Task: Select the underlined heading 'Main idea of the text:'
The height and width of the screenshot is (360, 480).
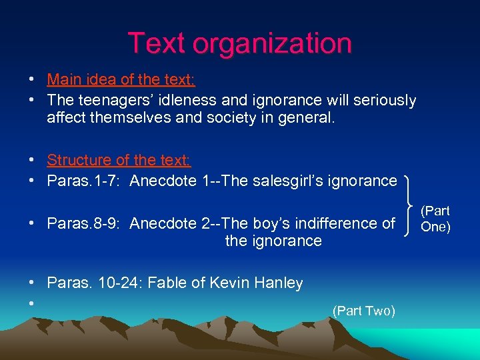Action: click(121, 81)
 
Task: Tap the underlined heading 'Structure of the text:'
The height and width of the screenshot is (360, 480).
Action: click(119, 160)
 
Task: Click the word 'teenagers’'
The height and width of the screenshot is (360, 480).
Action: click(111, 101)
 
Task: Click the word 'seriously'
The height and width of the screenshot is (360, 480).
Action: click(384, 101)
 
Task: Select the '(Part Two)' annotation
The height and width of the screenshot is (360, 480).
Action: click(364, 311)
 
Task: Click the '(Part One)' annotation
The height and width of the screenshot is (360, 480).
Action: click(436, 219)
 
